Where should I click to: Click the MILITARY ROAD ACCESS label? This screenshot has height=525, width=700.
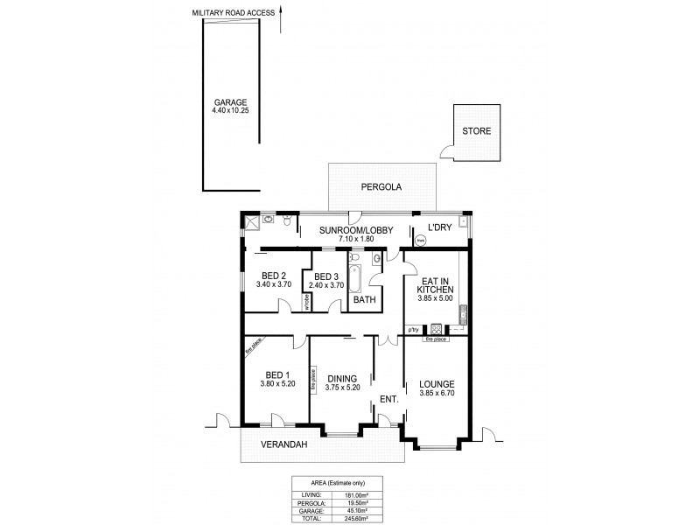click(234, 13)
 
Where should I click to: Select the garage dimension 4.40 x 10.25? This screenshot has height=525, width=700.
click(231, 110)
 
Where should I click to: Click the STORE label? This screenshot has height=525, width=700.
click(477, 131)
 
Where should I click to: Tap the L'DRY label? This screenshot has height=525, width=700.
click(438, 229)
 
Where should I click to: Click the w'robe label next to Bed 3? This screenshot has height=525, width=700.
click(307, 302)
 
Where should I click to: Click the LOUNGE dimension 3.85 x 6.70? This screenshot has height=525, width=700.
click(436, 395)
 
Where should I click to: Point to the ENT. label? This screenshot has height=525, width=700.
click(388, 400)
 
